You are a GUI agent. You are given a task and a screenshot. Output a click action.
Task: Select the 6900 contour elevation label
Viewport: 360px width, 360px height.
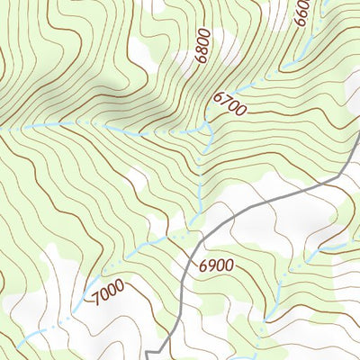pos(216,265)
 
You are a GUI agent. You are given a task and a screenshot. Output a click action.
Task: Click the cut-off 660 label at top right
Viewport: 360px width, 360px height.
pos(301,14)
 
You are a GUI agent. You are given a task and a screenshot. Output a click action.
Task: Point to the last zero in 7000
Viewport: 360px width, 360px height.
pos(118,285)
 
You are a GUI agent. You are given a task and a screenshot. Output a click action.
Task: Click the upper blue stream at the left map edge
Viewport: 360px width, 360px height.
pos(2,130)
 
